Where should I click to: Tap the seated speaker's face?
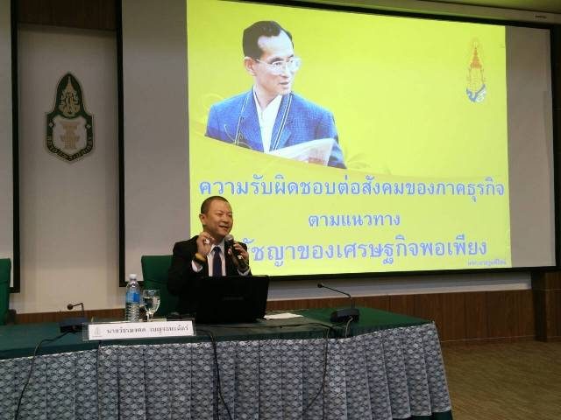coord(215,219)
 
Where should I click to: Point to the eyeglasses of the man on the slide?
coord(279,64)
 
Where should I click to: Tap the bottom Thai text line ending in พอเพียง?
coord(368,241)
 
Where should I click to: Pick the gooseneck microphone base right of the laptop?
coord(344,314)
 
